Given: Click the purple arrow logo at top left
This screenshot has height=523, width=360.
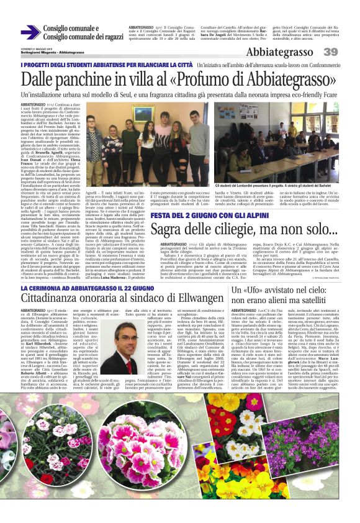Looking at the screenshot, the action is click(x=30, y=32).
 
